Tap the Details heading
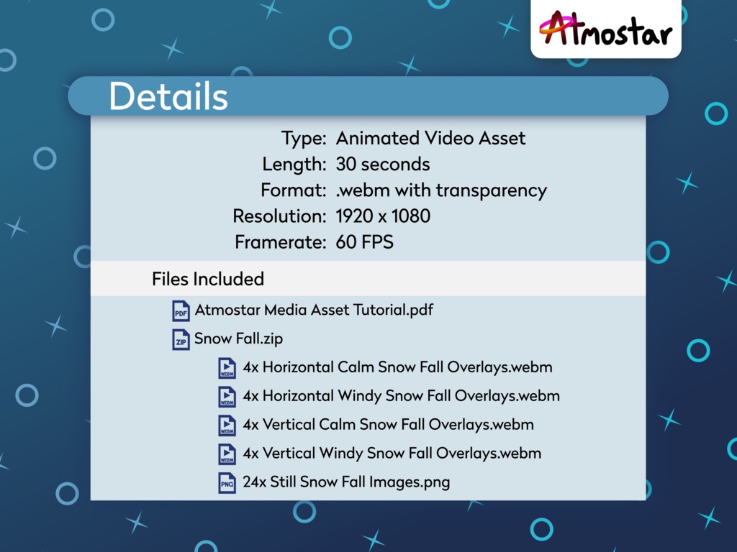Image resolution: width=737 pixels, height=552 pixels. [x=168, y=96]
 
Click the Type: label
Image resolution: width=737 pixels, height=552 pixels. [x=304, y=138]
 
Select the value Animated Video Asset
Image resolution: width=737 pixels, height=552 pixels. [x=430, y=138]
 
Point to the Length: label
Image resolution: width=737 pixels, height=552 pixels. [x=294, y=165]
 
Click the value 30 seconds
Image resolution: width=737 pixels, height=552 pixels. [x=382, y=165]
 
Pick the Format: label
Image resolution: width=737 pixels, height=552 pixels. [x=293, y=190]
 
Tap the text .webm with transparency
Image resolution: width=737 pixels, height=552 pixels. [x=441, y=190]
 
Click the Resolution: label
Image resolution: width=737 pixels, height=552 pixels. [x=279, y=216]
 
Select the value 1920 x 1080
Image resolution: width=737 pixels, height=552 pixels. [x=383, y=216]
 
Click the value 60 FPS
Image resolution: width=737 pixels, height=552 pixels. [x=364, y=242]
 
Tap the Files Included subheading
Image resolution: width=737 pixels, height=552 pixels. [x=208, y=279]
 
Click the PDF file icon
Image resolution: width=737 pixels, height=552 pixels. [x=181, y=311]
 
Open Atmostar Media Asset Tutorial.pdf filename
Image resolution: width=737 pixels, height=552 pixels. [x=314, y=310]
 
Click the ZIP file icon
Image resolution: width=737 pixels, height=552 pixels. [x=181, y=339]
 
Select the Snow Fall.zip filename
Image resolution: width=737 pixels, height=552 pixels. [x=239, y=339]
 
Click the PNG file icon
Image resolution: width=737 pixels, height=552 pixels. [x=227, y=482]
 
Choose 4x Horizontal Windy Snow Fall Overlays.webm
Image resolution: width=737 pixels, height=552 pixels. [x=401, y=396]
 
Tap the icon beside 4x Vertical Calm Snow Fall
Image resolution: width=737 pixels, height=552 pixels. [x=227, y=425]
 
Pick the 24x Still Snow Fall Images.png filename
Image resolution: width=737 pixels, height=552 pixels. [x=346, y=482]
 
